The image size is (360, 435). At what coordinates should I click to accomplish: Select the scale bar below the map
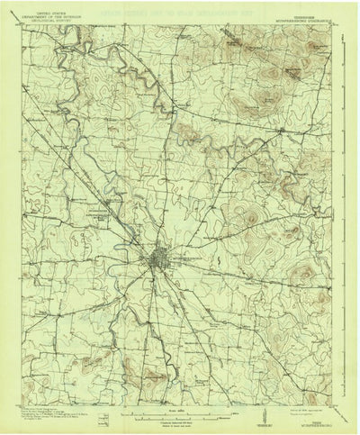point(180,393)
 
